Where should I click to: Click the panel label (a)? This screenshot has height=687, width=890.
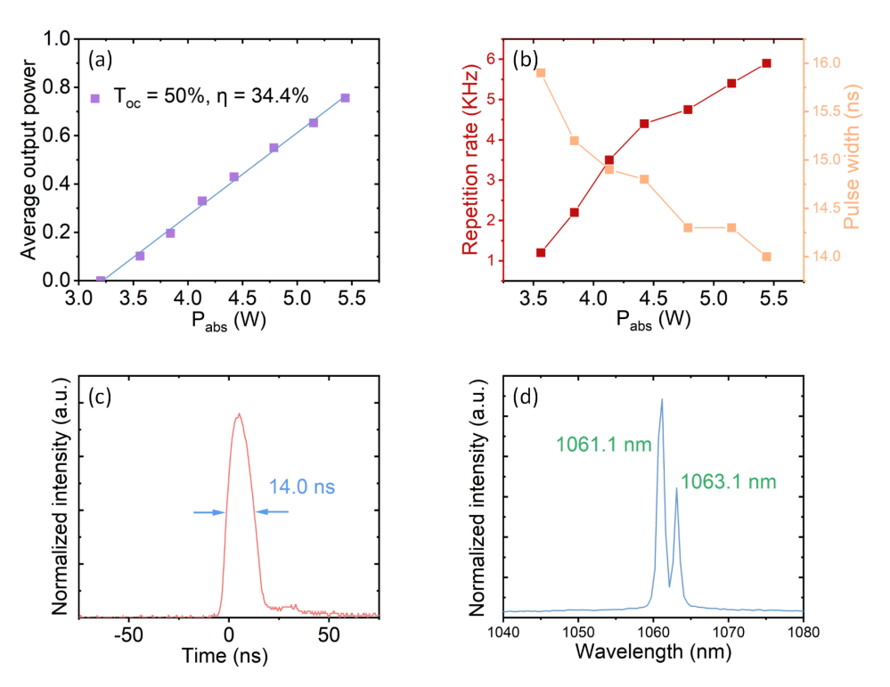pos(99,58)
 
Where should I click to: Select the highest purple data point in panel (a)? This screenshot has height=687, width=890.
pos(345,97)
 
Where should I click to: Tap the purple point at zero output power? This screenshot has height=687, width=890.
pos(101,280)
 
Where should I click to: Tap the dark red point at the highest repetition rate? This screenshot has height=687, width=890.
pos(766,63)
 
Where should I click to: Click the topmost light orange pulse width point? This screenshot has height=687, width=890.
pos(541,72)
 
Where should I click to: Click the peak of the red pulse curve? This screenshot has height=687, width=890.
pos(238,413)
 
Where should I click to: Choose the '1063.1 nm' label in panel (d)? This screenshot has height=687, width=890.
pos(728,482)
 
